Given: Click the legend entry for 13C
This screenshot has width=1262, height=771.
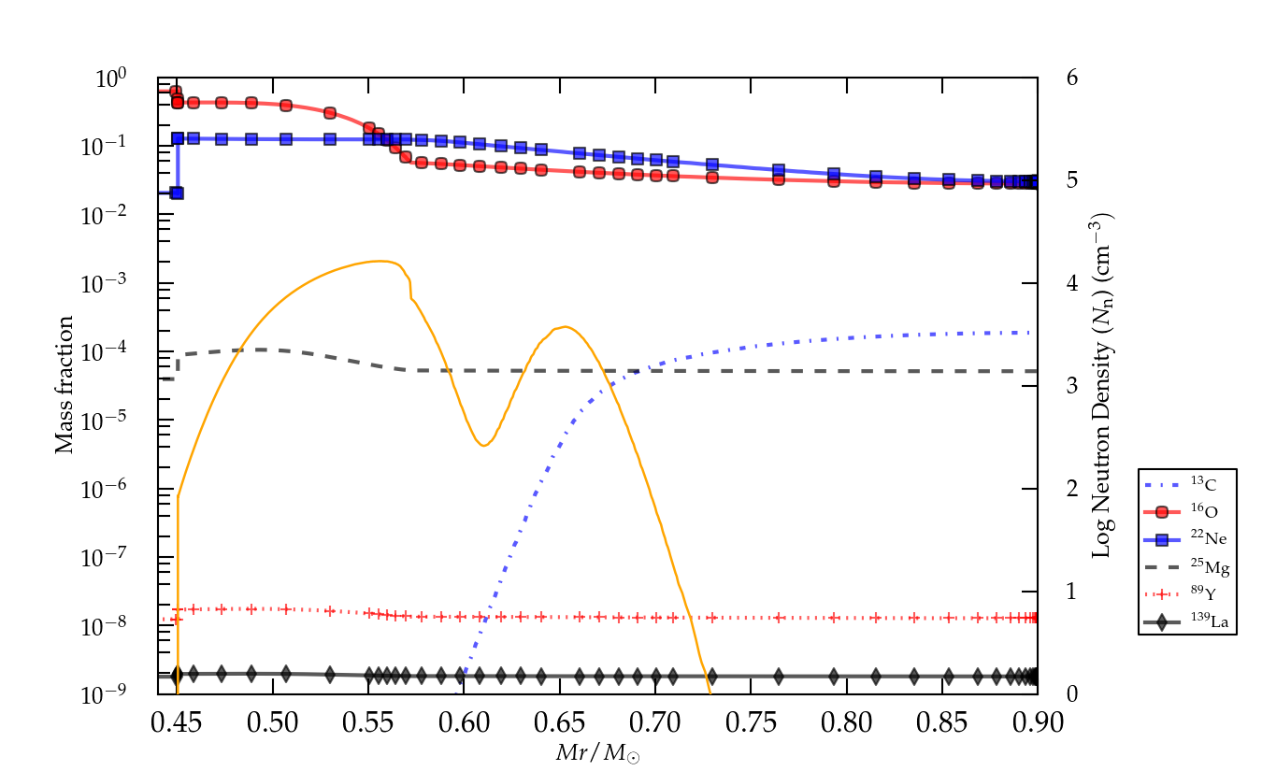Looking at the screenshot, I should point(1187,483).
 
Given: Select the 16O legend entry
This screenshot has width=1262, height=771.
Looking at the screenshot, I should point(1187,511).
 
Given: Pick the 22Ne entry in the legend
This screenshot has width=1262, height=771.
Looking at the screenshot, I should point(1187,538).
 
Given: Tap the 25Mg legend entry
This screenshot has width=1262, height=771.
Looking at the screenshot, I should point(1187,565).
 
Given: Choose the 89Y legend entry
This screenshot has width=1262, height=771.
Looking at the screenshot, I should point(1187,593).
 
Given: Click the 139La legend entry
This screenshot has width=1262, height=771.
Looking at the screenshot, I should point(1187,621).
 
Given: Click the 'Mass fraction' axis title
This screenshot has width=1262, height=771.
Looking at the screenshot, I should point(64,385).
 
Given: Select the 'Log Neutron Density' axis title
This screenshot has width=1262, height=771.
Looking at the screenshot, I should point(1103,385).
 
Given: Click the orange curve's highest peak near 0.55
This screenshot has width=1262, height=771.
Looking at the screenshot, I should point(380,262).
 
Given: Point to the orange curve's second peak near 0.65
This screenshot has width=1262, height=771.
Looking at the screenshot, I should point(564,326).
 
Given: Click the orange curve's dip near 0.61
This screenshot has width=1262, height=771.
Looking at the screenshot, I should point(482,445).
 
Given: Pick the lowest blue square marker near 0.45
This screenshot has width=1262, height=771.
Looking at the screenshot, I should point(177,193).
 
